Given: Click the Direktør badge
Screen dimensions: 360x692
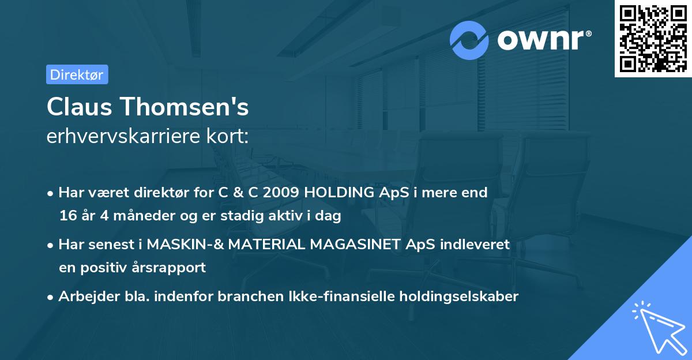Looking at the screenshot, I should click(x=77, y=74).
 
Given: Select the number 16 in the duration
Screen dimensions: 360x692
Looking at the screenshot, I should click(x=67, y=216).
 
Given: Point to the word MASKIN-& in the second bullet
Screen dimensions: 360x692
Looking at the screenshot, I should click(x=185, y=245).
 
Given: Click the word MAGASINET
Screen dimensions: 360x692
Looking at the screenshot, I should click(x=356, y=245).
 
